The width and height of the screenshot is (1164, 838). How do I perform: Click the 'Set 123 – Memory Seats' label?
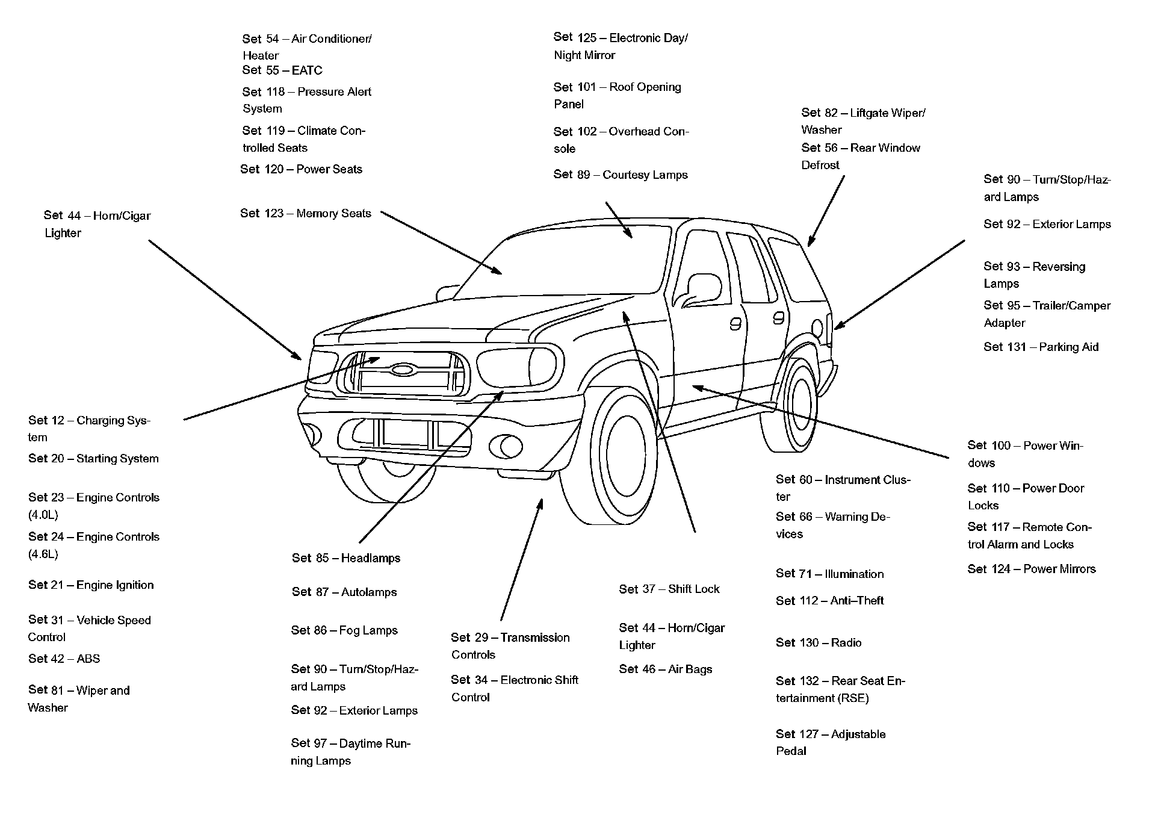click(306, 213)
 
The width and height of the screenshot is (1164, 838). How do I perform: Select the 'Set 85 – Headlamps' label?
click(346, 558)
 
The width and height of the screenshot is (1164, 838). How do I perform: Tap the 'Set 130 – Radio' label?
click(819, 643)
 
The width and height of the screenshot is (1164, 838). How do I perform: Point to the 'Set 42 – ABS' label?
click(64, 659)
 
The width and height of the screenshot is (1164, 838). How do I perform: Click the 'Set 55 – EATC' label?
click(282, 70)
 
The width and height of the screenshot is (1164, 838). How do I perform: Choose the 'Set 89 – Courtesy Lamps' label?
click(621, 175)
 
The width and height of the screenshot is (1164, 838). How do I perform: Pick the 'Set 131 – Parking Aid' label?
click(1041, 347)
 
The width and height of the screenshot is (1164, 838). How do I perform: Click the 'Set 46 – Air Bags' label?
click(666, 669)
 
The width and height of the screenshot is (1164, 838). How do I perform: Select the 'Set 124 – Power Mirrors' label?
click(1032, 569)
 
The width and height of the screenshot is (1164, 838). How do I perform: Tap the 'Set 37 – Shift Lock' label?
click(669, 589)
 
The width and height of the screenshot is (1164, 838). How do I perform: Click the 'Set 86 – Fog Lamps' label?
click(344, 630)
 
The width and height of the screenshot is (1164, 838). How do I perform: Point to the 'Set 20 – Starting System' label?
click(93, 459)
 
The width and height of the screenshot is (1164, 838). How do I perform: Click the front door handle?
click(735, 324)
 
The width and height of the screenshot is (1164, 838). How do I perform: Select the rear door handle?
click(779, 317)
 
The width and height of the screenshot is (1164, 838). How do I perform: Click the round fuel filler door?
click(817, 329)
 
